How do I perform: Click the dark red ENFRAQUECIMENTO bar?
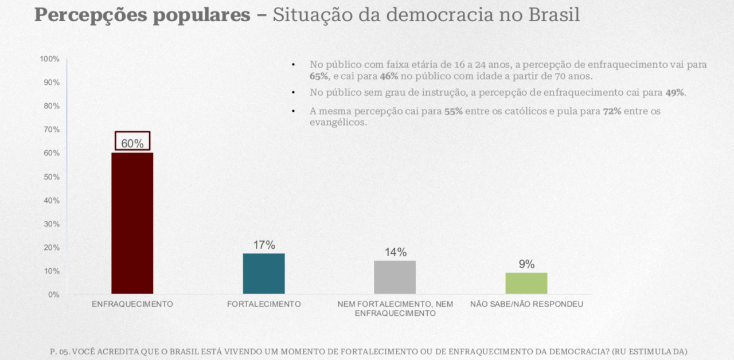(132, 223)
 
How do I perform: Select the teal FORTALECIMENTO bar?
(264, 273)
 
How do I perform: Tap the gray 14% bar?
(395, 277)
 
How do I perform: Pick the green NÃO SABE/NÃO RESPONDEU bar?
(526, 283)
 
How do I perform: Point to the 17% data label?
(264, 245)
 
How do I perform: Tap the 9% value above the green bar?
(526, 264)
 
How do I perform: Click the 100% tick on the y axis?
(50, 59)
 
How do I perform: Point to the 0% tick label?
(53, 295)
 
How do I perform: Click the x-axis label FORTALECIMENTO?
(264, 304)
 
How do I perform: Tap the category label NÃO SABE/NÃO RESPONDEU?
(526, 304)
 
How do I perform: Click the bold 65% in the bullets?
(319, 76)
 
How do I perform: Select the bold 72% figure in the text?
(612, 111)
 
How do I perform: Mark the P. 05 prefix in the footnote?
(60, 351)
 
